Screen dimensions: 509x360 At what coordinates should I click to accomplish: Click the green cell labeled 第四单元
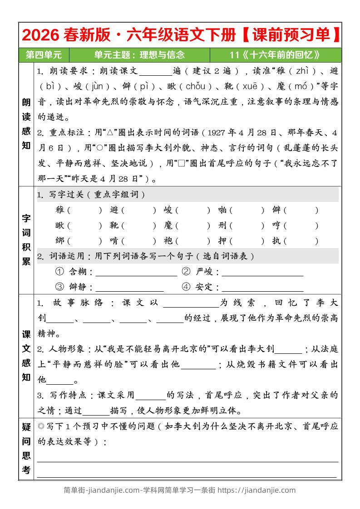(44, 55)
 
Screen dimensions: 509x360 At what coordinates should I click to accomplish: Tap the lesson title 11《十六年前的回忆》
(275, 55)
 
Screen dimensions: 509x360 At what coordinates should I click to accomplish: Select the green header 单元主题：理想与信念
(139, 55)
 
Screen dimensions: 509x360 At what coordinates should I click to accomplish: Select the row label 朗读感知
(26, 124)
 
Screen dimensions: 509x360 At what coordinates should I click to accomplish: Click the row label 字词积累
(26, 239)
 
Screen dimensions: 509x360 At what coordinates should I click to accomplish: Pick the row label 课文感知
(26, 356)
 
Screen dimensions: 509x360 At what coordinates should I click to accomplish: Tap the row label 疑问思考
(26, 448)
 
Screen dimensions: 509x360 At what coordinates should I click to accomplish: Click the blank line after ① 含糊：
(136, 272)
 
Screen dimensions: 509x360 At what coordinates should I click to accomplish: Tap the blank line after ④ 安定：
(262, 288)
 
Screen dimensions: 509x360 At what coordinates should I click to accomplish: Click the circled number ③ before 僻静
(59, 287)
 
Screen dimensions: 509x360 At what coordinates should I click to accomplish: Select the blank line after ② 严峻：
(262, 272)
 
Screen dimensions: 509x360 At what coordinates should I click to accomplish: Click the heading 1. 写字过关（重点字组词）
(91, 195)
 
